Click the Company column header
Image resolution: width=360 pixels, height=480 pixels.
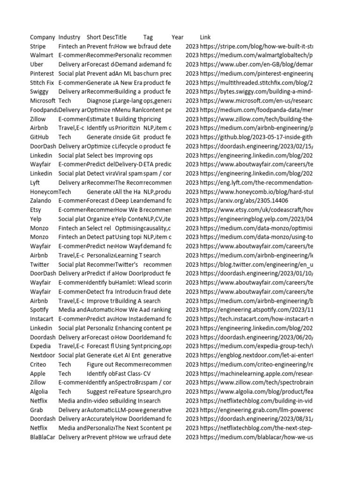(42, 37)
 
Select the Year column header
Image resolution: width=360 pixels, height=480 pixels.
(178, 37)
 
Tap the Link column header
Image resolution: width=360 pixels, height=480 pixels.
(205, 37)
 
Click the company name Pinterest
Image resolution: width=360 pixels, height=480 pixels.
(42, 74)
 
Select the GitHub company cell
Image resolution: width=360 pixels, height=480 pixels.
(39, 137)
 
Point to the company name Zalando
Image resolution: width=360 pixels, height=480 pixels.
(41, 201)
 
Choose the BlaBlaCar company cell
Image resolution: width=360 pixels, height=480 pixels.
(42, 437)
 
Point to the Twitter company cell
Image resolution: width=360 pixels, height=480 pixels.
(39, 264)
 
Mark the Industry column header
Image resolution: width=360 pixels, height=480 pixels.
(69, 37)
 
